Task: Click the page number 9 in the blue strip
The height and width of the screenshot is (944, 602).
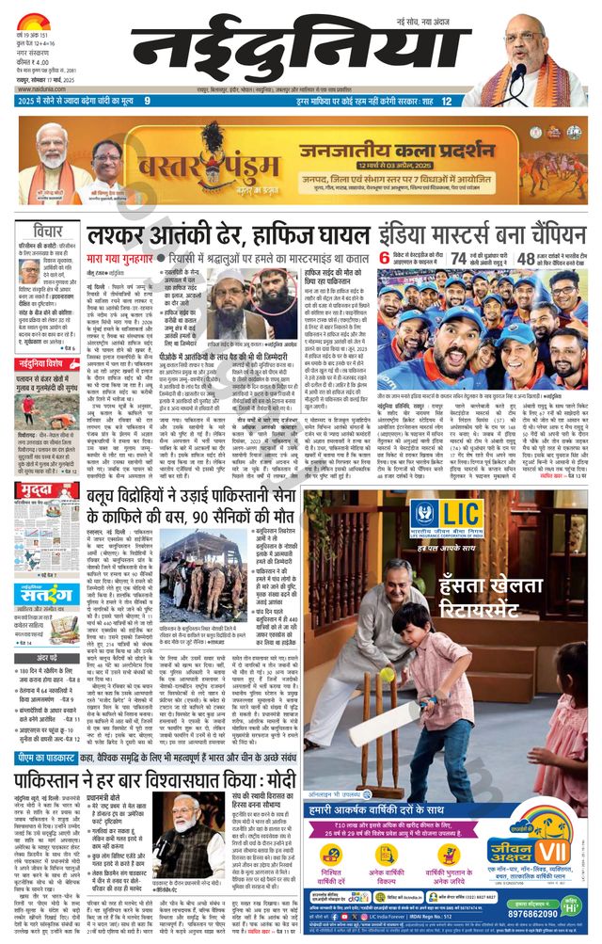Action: point(147,101)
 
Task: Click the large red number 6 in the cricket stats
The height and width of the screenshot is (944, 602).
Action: point(384,259)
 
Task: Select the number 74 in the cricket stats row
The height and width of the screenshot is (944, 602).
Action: point(457,259)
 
